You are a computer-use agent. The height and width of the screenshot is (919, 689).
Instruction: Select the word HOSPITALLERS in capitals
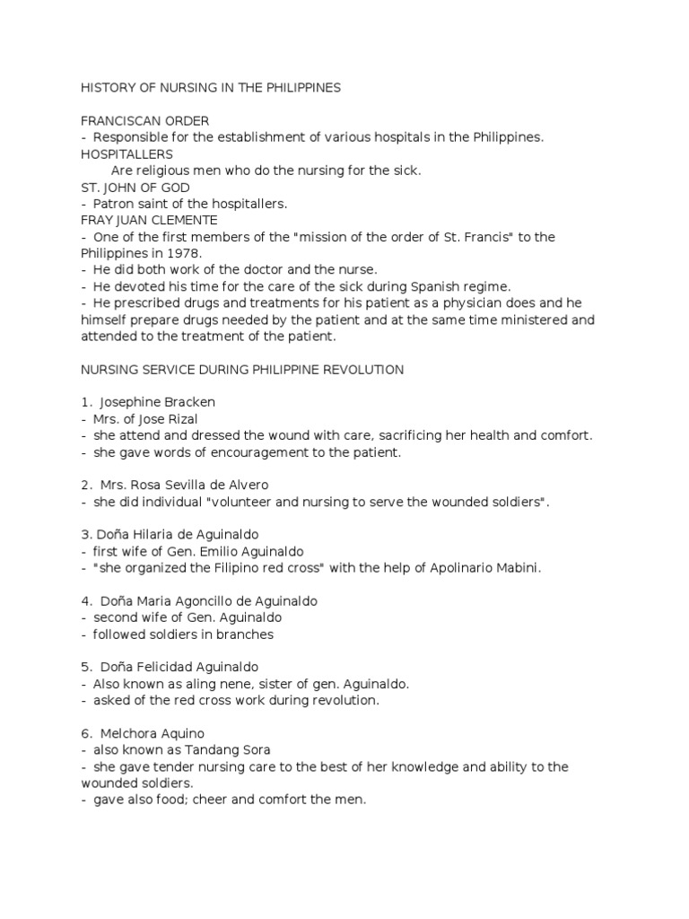[126, 154]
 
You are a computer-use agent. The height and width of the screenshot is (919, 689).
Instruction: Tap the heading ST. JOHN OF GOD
[135, 187]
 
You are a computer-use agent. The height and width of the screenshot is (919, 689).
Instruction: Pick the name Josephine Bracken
[159, 402]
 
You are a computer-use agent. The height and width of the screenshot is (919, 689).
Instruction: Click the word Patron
[114, 204]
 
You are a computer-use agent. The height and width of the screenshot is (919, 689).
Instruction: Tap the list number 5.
[84, 667]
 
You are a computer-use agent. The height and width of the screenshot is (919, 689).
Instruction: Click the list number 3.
[84, 535]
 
